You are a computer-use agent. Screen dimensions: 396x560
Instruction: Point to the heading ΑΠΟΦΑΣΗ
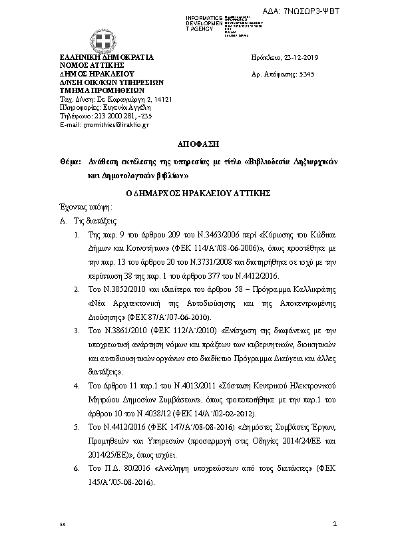[x=197, y=144]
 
